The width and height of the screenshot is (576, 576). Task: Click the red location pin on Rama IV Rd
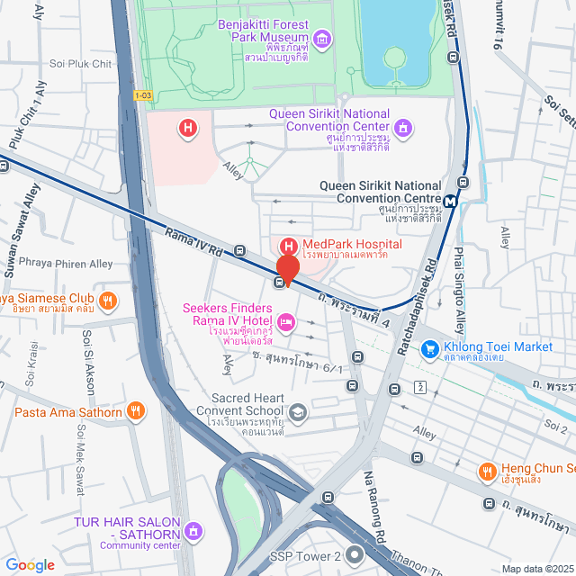[287, 268]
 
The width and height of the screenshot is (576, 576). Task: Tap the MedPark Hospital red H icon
[289, 246]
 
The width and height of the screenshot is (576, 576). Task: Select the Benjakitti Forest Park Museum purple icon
[323, 38]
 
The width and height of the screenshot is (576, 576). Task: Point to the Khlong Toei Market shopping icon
[430, 347]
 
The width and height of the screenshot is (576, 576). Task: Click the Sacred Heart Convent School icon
[298, 412]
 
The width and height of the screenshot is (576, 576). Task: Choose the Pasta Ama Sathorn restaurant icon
[135, 412]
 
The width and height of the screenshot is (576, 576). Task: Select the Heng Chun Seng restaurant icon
[487, 470]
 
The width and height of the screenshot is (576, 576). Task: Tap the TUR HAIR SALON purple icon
[193, 531]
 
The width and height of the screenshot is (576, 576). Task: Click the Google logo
[30, 564]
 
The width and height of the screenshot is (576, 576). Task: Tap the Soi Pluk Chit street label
[81, 64]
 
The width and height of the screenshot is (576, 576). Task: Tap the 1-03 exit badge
[142, 94]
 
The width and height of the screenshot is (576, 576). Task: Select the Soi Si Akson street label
[89, 362]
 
